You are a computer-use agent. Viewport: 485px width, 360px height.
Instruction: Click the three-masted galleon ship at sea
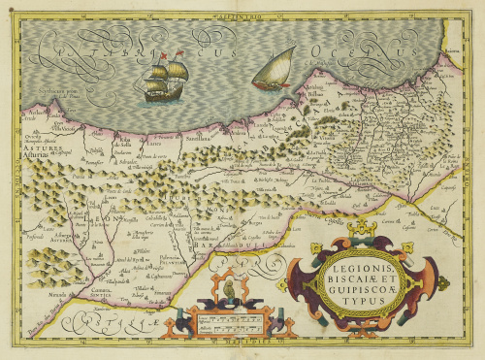[x=163, y=78]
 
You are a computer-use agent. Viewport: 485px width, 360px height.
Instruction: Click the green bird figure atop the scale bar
[x=228, y=289]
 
